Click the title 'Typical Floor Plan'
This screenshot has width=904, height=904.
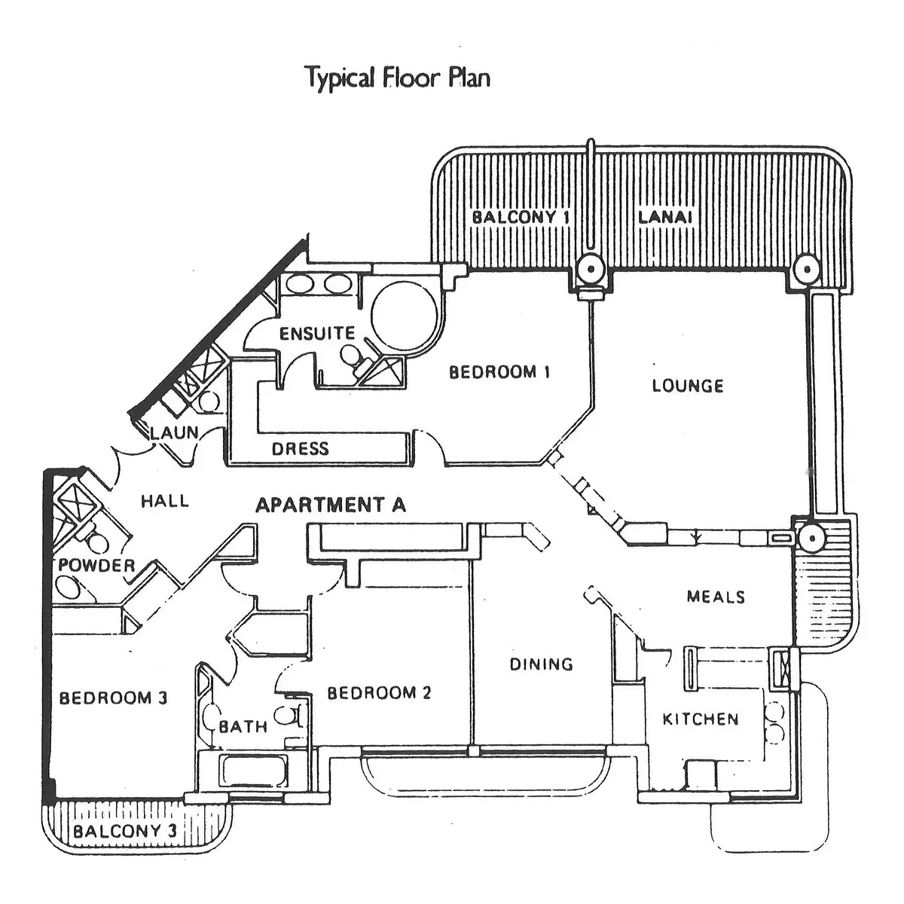[x=398, y=78]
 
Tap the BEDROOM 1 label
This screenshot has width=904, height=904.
[x=499, y=372]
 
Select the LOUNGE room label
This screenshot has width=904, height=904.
[x=687, y=386]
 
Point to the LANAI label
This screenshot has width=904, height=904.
[x=665, y=218]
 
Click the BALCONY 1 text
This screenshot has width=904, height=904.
[x=520, y=218]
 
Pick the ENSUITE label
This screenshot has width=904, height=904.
[x=316, y=333]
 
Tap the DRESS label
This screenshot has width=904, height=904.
[x=301, y=449]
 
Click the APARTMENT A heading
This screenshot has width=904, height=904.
[x=330, y=505]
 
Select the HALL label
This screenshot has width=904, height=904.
[x=165, y=501]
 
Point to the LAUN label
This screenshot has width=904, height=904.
[x=174, y=433]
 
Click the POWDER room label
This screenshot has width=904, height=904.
[x=97, y=565]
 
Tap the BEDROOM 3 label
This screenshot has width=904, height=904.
[x=113, y=698]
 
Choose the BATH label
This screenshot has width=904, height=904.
[x=243, y=727]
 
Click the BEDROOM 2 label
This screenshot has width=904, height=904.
[x=379, y=693]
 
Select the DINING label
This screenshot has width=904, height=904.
[x=541, y=664]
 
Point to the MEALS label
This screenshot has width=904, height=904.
[x=716, y=597]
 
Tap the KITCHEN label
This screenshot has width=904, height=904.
[x=701, y=719]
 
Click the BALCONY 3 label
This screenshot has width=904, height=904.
[x=125, y=832]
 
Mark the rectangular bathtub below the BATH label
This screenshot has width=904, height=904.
[x=252, y=771]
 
